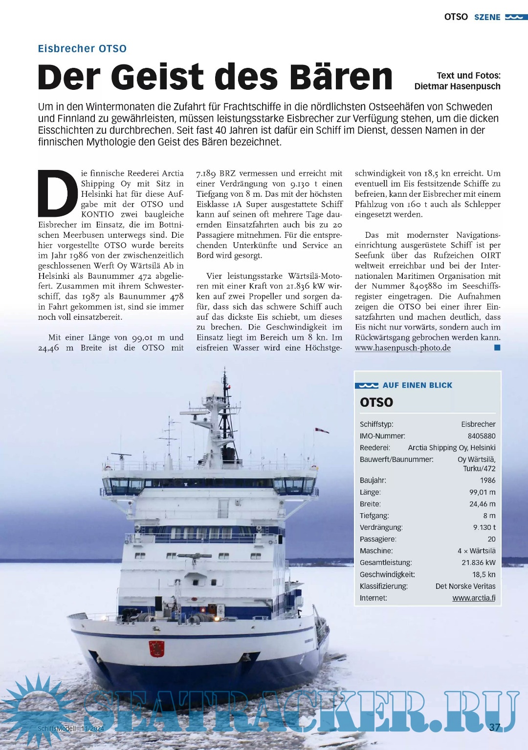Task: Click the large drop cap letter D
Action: (x=58, y=193)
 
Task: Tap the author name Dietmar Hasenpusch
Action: (x=457, y=86)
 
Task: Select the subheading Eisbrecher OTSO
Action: (x=82, y=49)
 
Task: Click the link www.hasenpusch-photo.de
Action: (x=402, y=348)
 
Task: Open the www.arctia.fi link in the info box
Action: (x=474, y=598)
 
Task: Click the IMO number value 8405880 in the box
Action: (x=481, y=436)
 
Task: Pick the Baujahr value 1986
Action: (x=487, y=480)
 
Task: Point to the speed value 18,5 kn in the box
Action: (x=484, y=574)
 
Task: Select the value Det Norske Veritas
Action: (x=465, y=586)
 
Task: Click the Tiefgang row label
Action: (x=374, y=516)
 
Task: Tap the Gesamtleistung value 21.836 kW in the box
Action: (x=478, y=562)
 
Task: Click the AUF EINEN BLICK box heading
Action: (x=417, y=385)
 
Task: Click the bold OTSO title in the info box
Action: (x=376, y=402)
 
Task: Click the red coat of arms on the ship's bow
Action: (x=156, y=648)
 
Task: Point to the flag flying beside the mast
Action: (x=322, y=430)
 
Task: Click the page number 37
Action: (x=495, y=727)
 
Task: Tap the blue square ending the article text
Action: (x=497, y=348)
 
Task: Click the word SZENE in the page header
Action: (x=487, y=17)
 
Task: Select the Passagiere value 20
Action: (x=491, y=539)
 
